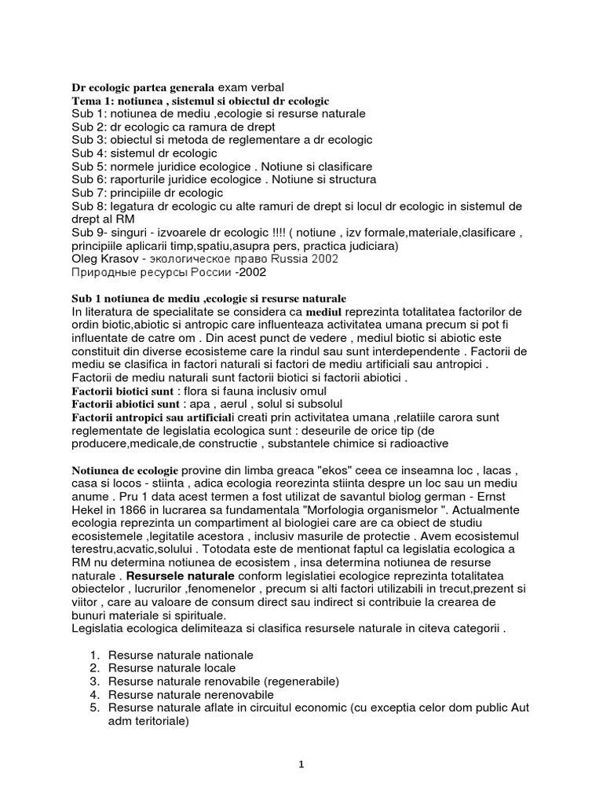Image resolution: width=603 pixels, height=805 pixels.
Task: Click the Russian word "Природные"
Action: pyautogui.click(x=103, y=274)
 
